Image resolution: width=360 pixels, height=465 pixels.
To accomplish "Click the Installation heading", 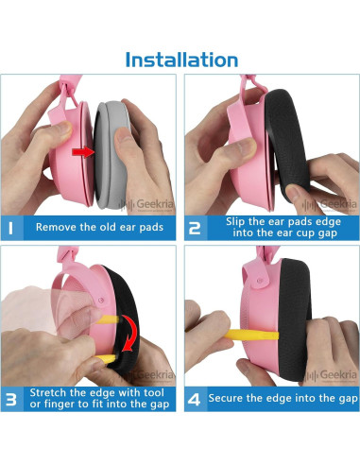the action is [x=181, y=60].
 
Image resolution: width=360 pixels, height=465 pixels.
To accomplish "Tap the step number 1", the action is [x=11, y=228].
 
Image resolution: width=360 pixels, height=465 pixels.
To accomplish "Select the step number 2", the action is [x=195, y=228].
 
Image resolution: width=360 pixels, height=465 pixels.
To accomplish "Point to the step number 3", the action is [x=11, y=400].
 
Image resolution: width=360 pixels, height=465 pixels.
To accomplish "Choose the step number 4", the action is [x=194, y=400].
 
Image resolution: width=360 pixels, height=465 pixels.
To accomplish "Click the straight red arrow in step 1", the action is [x=83, y=152].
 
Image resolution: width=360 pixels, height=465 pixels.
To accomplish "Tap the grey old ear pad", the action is [x=111, y=155].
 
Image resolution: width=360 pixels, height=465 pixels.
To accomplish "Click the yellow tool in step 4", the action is [x=251, y=335].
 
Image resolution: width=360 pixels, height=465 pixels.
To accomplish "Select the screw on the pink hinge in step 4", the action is [x=260, y=281].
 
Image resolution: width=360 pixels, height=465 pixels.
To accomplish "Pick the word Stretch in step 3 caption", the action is [x=48, y=393].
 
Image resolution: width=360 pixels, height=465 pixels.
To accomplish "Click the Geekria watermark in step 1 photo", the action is [x=146, y=204].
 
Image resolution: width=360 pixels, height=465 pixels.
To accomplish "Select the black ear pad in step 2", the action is [x=287, y=145].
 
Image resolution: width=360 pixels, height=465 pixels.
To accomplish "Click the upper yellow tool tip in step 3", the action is [x=117, y=319].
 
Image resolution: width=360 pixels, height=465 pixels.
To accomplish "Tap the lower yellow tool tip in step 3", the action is [x=113, y=358].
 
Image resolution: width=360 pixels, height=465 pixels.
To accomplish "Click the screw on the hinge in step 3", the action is [x=101, y=301].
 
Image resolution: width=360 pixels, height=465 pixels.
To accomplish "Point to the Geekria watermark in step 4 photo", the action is [x=331, y=375].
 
